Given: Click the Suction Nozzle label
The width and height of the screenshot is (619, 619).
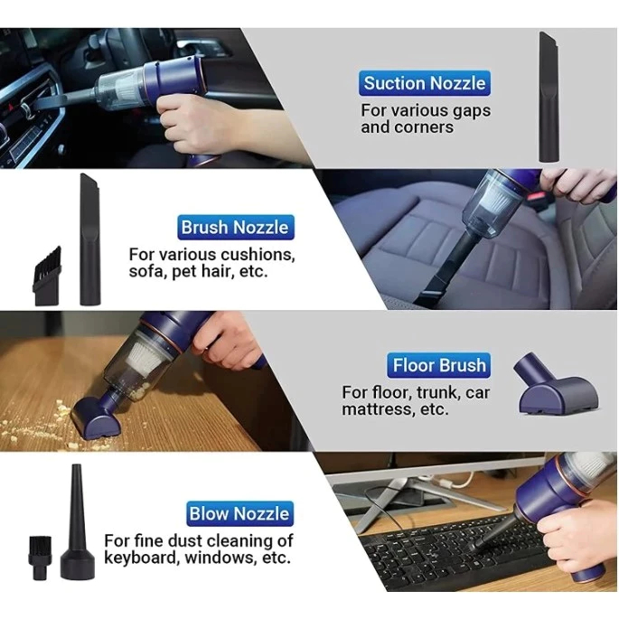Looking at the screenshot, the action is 425,83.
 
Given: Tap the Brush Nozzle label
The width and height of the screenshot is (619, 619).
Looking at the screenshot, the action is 236,228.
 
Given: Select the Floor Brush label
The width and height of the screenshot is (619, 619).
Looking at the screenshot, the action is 439,365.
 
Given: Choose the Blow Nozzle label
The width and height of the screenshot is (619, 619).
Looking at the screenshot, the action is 239,513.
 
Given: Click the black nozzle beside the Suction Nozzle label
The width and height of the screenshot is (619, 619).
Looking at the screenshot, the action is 549,97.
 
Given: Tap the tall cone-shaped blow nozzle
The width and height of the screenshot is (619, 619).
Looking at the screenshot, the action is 77,522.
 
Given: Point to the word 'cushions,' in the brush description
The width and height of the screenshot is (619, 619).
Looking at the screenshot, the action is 258,255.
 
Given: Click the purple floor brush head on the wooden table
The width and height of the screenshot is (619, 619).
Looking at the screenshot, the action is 96,417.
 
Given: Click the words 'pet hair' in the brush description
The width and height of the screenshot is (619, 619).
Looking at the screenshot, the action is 199,272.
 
